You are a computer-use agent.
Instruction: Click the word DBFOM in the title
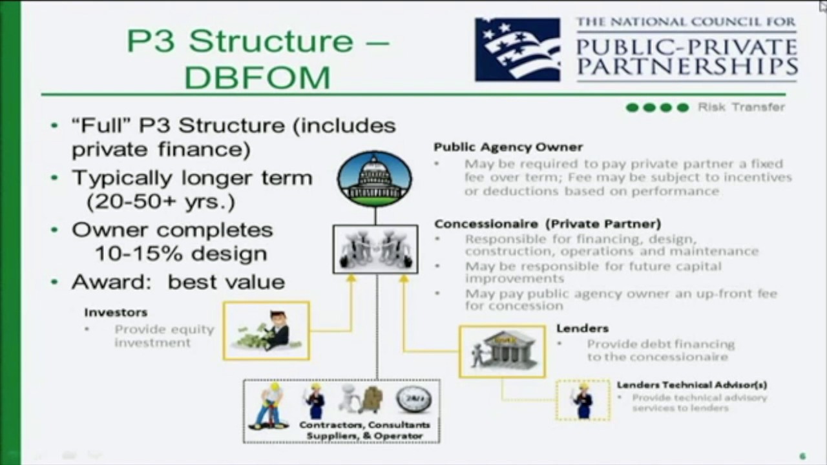(257, 77)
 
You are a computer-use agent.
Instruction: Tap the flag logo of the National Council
(518, 50)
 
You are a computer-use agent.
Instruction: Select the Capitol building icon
(374, 179)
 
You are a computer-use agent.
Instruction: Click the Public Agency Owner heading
(508, 147)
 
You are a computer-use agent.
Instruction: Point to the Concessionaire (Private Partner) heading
(547, 224)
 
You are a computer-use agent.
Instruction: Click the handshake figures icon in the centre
(375, 249)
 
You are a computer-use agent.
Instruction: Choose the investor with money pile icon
(266, 331)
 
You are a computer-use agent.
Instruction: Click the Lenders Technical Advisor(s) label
(691, 385)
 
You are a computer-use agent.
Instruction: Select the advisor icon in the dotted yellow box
(583, 400)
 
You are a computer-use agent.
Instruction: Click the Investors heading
(116, 313)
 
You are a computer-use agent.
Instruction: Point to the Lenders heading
(582, 329)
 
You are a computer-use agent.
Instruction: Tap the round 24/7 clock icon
(413, 399)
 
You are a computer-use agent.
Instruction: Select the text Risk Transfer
(741, 107)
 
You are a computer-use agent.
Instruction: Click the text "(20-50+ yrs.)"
(160, 201)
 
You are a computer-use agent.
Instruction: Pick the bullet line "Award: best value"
(178, 282)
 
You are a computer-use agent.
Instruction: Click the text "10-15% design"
(181, 254)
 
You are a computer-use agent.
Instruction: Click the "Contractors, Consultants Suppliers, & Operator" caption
(364, 431)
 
